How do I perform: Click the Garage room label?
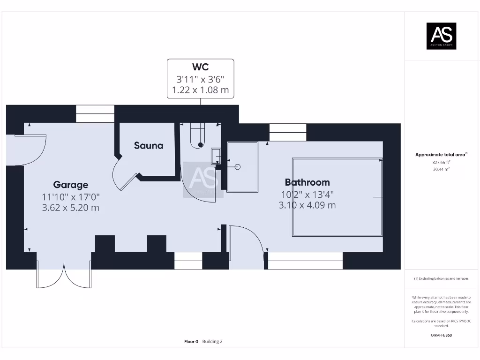(70, 185)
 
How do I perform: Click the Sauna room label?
(149, 145)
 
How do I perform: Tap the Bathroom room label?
(307, 182)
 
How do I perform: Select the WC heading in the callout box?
(200, 67)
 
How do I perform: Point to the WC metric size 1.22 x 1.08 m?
(200, 90)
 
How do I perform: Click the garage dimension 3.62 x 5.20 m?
(70, 208)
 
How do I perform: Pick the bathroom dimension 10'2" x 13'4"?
(307, 194)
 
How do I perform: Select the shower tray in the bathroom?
(242, 167)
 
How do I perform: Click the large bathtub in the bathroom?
(337, 197)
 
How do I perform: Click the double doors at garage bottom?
(64, 273)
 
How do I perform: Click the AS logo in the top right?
(441, 36)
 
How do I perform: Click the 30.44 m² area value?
(441, 169)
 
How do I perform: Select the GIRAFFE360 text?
(441, 335)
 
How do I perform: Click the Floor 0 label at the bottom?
(191, 342)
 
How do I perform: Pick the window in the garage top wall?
(95, 114)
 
